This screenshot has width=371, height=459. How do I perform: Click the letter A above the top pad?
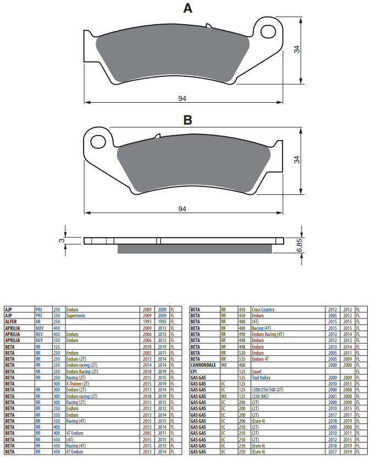coord(187,8)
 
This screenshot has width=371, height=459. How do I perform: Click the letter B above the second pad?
coord(187,120)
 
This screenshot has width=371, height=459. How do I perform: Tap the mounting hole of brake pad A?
coord(268,31)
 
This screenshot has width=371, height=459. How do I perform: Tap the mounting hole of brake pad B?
coord(98,142)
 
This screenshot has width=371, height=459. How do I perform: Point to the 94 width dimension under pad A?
coord(182,99)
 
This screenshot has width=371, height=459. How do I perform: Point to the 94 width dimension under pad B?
coord(182,209)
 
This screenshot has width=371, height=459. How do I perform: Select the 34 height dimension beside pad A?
coord(297,49)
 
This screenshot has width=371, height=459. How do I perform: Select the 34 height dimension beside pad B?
coord(297,160)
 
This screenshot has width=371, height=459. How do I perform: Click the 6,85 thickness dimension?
coord(299,245)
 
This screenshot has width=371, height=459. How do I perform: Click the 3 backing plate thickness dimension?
coord(61,240)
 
